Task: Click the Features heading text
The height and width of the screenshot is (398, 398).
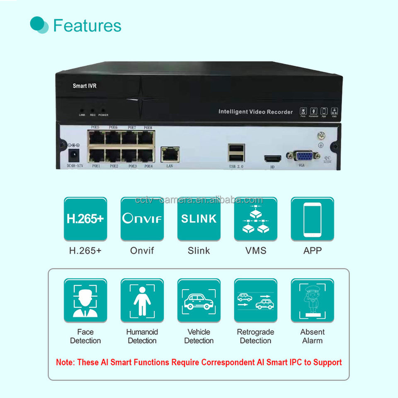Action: (x=87, y=25)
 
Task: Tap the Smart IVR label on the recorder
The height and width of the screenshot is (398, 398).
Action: (x=85, y=86)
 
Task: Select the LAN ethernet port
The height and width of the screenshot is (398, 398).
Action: (x=170, y=154)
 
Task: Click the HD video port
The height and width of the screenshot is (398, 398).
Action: (x=272, y=159)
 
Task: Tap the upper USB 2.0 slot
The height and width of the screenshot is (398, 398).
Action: (x=236, y=148)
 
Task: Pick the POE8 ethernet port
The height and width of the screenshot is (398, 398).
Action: (x=146, y=137)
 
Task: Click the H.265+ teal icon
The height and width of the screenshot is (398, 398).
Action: (x=85, y=219)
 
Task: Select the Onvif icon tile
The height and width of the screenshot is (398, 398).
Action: (x=142, y=219)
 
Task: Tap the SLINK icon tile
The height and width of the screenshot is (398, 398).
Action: (x=199, y=219)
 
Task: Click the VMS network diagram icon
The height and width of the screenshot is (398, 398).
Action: (x=255, y=219)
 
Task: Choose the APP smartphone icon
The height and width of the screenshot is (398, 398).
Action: (x=312, y=219)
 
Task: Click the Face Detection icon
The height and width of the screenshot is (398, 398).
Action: (x=85, y=301)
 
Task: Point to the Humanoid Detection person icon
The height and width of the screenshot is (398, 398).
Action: (x=142, y=301)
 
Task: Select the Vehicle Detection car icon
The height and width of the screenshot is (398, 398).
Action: (x=199, y=301)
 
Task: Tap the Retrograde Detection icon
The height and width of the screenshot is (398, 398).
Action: (x=255, y=301)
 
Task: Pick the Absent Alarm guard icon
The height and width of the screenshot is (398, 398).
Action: (x=312, y=301)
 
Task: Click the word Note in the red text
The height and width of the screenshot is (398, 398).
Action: (x=64, y=362)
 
